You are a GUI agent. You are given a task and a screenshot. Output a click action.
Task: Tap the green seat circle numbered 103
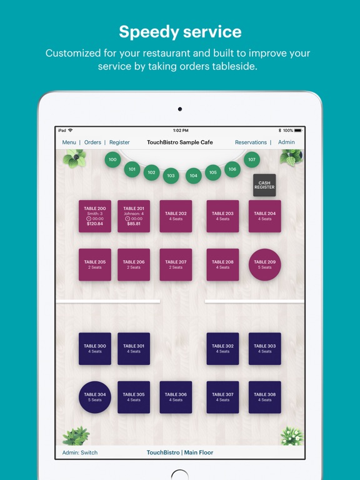point(171,176)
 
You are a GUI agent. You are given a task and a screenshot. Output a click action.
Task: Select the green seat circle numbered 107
point(252,159)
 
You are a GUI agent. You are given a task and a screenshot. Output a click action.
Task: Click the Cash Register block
point(264,185)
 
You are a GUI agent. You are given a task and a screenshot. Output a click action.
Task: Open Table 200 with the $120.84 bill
point(95,216)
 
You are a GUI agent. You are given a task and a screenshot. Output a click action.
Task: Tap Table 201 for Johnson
point(134,216)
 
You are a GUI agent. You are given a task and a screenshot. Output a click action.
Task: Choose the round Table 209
point(265,265)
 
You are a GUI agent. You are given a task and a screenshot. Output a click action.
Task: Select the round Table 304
point(95,397)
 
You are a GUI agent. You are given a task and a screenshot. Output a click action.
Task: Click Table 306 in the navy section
point(176,397)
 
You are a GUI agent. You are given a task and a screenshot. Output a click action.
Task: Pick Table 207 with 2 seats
point(176,265)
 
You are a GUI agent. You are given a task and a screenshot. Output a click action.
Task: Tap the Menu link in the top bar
point(69,142)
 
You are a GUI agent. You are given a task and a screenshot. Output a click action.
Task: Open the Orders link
point(92,142)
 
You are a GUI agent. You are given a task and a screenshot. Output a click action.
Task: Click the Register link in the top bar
point(119,142)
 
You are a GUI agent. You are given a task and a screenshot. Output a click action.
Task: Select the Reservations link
point(251,142)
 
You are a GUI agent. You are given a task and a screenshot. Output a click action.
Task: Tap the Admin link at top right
point(286,142)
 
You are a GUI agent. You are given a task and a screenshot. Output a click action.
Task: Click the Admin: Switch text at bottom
point(80,452)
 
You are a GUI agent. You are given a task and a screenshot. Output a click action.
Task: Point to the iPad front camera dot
point(180,109)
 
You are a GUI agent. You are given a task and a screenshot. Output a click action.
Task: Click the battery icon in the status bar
point(298,131)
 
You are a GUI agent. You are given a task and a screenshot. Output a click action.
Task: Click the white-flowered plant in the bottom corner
point(292,436)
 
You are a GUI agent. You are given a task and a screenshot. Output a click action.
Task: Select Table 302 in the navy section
point(223,349)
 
